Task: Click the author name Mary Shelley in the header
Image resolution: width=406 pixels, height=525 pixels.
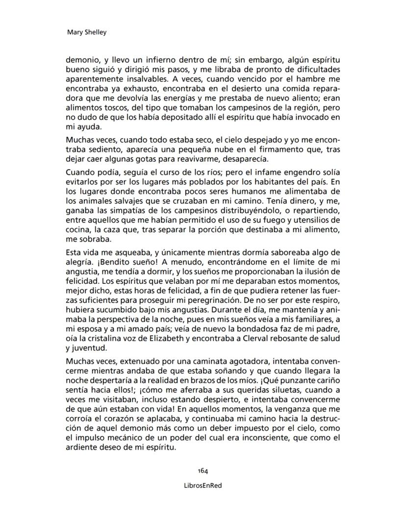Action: [x=86, y=33]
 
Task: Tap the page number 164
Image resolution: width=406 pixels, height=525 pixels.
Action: [x=203, y=471]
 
